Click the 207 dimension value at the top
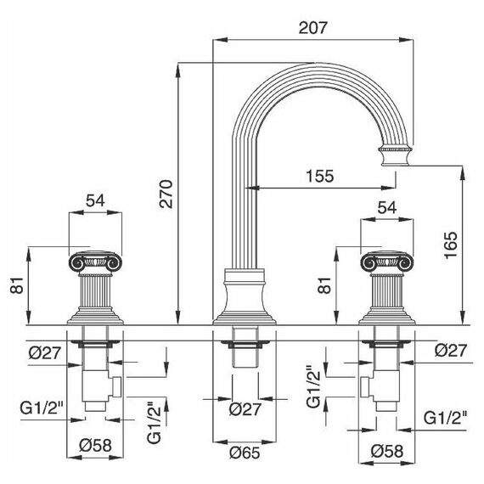click(x=312, y=28)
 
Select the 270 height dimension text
click(x=166, y=194)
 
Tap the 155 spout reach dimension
click(x=320, y=176)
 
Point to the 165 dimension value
click(x=450, y=245)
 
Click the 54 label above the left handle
click(x=95, y=200)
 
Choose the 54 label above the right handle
click(x=387, y=208)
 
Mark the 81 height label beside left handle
click(x=17, y=285)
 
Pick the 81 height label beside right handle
click(x=324, y=285)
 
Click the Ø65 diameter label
click(x=245, y=453)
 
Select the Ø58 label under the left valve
click(x=95, y=446)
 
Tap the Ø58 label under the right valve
click(x=387, y=451)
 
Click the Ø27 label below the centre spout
click(x=245, y=409)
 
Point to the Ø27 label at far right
click(x=451, y=351)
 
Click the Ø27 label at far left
click(x=45, y=352)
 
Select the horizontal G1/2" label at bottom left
click(x=42, y=408)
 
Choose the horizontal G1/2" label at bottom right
click(x=445, y=419)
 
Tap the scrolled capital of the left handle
click(x=95, y=262)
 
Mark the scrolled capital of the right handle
click(x=387, y=262)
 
